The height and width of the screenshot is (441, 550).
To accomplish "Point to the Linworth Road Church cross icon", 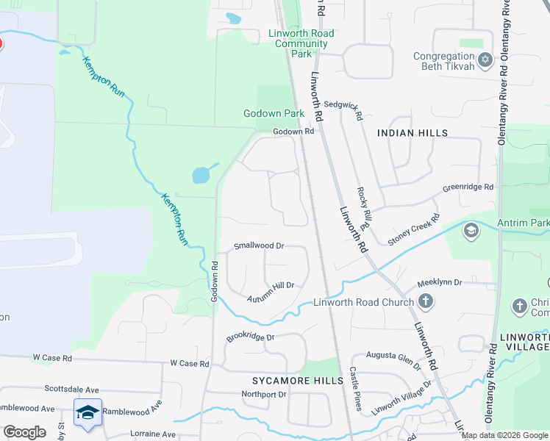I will click(425, 301).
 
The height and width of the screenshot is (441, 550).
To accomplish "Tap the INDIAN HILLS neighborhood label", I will click(412, 133).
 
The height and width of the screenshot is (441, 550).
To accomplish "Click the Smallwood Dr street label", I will click(258, 246).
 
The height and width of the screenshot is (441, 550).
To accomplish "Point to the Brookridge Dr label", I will click(250, 337).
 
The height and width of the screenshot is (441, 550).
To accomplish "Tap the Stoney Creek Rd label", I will click(413, 229).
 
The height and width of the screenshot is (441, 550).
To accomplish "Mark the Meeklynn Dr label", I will click(439, 282).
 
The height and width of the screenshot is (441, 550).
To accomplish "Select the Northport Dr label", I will click(264, 395).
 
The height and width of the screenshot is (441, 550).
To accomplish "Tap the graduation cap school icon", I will click(87, 412).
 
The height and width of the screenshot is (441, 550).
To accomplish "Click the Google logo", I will click(24, 432).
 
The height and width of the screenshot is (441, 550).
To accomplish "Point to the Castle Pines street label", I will click(354, 390).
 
